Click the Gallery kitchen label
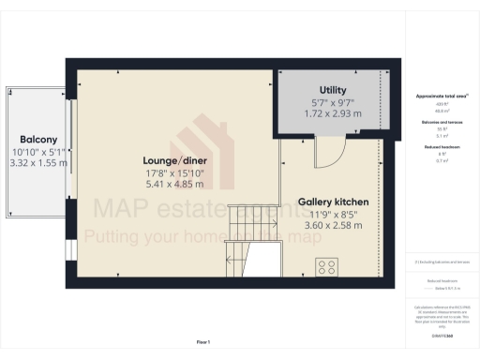333,202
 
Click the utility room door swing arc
328,150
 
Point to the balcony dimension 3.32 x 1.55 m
37,163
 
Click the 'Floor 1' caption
202,342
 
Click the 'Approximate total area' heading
441,97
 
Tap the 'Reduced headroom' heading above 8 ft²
441,148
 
